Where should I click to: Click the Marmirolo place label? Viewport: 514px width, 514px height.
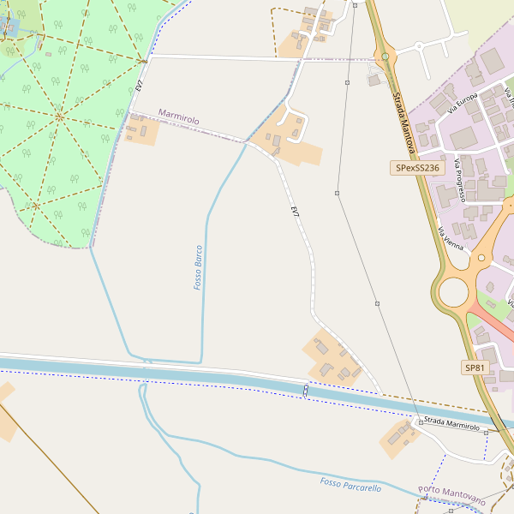178,117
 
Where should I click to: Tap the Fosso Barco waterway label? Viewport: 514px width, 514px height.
198,266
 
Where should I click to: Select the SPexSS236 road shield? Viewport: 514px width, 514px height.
418,169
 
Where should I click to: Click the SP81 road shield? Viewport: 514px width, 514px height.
475,368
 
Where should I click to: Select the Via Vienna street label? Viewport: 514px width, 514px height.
451,239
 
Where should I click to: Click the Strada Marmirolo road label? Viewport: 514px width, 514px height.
451,426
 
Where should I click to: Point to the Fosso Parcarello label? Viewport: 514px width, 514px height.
350,486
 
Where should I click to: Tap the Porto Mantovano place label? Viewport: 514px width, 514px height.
451,494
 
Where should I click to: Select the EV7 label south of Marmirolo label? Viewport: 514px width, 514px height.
295,212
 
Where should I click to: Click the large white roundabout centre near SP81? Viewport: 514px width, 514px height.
453,292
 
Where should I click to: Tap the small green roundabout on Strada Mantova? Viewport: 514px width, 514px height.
385,57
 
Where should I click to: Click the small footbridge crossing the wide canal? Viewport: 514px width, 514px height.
306,390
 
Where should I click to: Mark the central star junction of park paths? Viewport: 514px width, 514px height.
60,116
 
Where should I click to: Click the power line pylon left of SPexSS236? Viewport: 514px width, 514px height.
338,194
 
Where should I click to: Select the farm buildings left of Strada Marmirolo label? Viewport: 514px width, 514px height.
398,436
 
